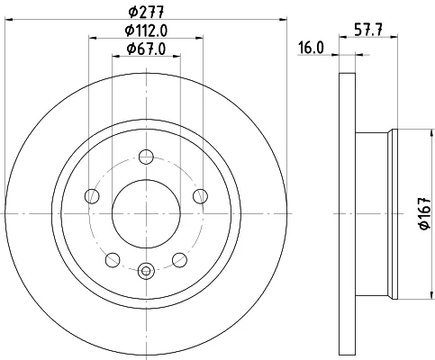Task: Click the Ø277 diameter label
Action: (x=146, y=13)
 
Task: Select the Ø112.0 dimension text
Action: (x=146, y=31)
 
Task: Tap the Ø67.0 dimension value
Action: (x=146, y=49)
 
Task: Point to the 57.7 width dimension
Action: (x=368, y=31)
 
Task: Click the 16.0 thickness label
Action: (x=311, y=48)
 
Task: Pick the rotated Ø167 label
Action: (x=425, y=213)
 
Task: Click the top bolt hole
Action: (x=146, y=157)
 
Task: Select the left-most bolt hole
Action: (x=92, y=196)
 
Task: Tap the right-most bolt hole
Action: (x=200, y=196)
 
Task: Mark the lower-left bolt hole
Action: (x=113, y=260)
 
